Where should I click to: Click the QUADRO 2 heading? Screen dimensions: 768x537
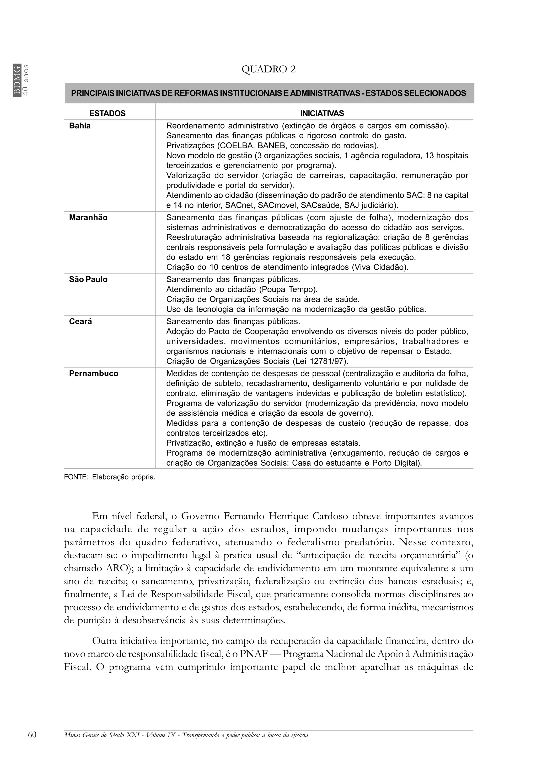tap(268, 69)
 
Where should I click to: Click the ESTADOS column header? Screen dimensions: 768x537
tap(107, 113)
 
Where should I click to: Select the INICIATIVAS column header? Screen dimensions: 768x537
tap(322, 113)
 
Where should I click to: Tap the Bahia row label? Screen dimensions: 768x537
tap(80, 126)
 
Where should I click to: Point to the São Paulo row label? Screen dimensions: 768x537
tap(88, 279)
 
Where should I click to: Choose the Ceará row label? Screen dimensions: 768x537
tap(80, 322)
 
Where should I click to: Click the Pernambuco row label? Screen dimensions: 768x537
tap(94, 373)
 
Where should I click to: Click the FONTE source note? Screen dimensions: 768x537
tap(110, 477)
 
